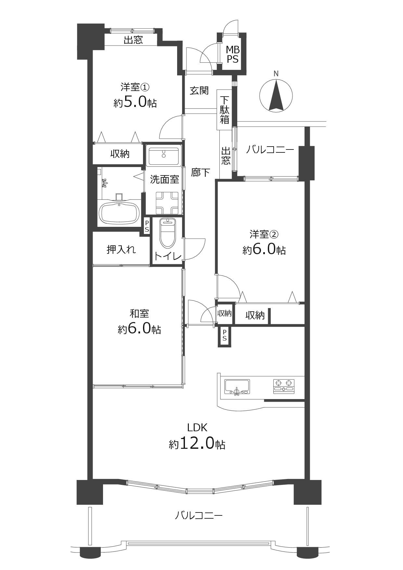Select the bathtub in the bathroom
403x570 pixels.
click(x=119, y=213)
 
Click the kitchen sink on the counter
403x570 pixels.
click(x=237, y=387)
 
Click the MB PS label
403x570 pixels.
click(x=233, y=54)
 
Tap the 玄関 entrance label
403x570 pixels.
click(x=199, y=90)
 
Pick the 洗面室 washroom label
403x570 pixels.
click(x=164, y=179)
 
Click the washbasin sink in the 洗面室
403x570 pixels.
click(x=164, y=156)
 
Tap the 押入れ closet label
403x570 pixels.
click(x=121, y=250)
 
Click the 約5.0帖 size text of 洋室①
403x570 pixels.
click(x=135, y=102)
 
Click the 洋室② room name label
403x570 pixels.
click(x=264, y=234)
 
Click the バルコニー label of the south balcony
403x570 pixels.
click(x=199, y=515)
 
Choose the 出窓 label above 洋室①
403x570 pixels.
click(x=133, y=40)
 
